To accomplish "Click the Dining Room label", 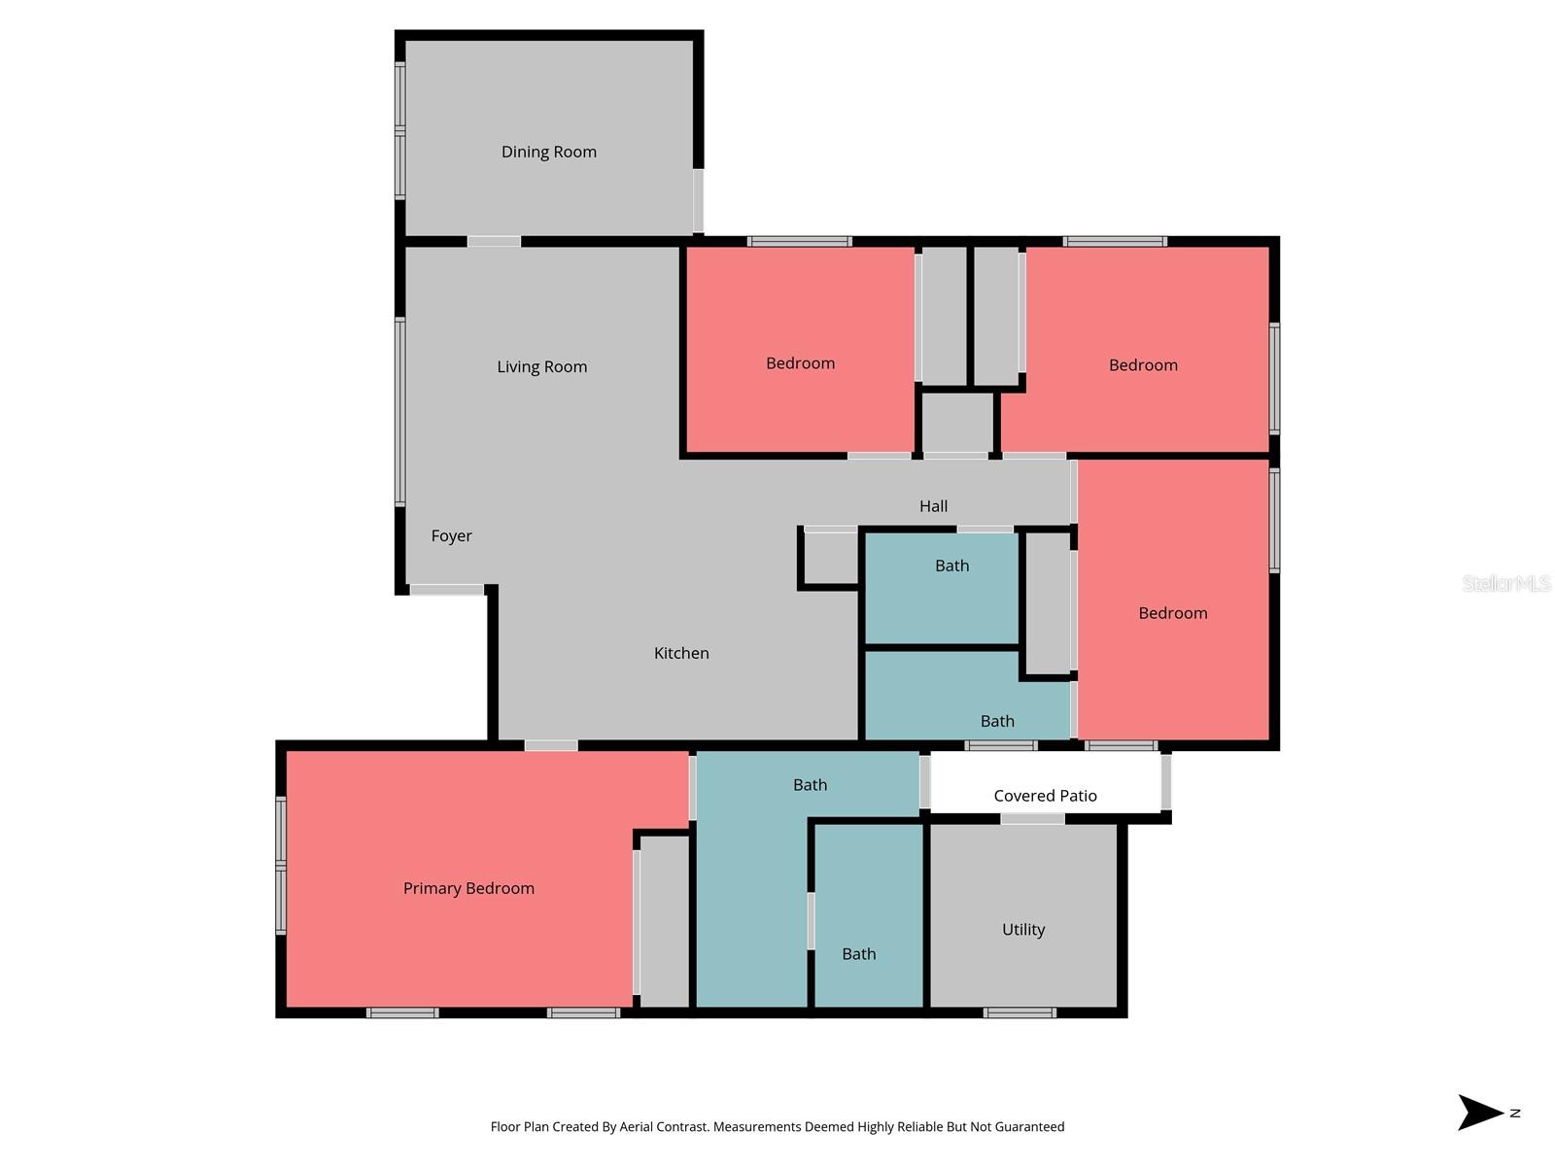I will (549, 152).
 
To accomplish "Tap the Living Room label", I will (541, 366).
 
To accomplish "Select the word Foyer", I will (451, 535).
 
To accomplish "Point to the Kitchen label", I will (681, 653).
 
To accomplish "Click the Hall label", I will (933, 506).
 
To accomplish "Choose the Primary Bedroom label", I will (468, 888).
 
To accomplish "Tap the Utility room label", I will (1023, 930).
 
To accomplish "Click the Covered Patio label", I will (1045, 796).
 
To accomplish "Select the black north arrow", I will (1480, 1113).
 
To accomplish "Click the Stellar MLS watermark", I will (1505, 583).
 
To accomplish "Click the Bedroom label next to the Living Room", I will (800, 363).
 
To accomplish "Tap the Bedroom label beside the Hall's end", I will (1173, 613).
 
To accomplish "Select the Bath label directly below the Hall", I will (951, 566).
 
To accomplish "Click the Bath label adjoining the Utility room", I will (858, 954).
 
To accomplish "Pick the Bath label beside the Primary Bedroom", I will (810, 785).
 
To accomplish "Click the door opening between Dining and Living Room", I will (494, 241).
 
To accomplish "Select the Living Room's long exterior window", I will (399, 411).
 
